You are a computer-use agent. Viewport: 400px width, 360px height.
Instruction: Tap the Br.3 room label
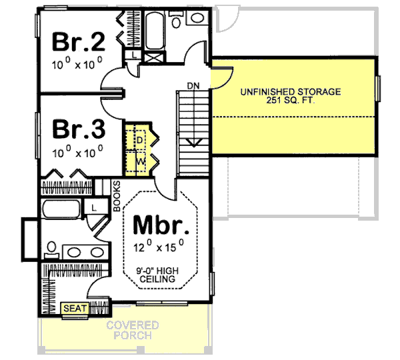79,127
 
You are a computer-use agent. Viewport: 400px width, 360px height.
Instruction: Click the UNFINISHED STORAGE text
291,91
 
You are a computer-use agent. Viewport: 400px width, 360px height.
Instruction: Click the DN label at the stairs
193,85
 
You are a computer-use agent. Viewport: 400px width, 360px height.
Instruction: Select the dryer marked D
140,139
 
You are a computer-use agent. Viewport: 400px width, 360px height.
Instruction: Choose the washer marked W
140,161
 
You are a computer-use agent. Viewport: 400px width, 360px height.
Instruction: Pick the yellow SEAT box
75,309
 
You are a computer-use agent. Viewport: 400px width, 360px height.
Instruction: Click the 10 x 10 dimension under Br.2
77,65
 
